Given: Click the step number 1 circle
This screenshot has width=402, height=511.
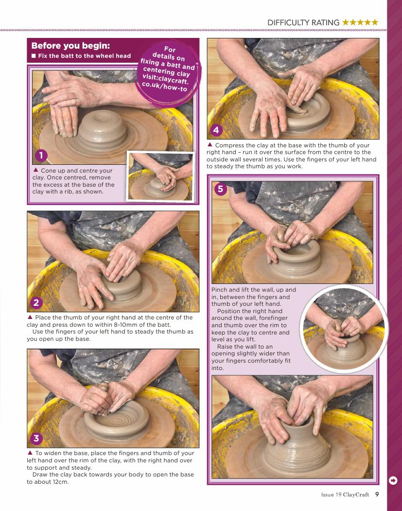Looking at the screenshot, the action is tap(41, 156).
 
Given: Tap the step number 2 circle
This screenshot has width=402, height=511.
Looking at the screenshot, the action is tap(36, 302).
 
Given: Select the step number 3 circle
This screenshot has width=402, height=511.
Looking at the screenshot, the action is tap(36, 438).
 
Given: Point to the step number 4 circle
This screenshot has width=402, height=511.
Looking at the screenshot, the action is tap(216, 130).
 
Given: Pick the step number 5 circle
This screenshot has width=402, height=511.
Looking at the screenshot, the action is tap(221, 189).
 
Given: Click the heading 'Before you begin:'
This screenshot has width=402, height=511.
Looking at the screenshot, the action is tap(70, 46).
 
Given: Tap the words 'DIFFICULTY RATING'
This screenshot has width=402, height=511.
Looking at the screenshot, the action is tap(303, 22).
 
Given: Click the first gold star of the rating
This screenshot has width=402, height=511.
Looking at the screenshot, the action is tap(346, 22).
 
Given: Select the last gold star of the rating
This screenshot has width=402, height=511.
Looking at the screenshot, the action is tap(375, 22).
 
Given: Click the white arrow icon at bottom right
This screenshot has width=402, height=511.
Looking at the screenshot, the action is tap(393, 480).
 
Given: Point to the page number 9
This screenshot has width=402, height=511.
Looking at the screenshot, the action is tap(377, 494).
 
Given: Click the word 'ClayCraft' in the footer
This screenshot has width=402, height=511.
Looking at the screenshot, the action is tap(356, 494).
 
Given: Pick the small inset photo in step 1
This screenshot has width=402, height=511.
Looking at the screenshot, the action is tap(160, 176).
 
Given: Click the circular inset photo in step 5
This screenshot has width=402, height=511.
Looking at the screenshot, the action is tap(344, 329).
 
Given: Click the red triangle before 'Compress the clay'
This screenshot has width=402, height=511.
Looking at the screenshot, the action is tap(210, 144).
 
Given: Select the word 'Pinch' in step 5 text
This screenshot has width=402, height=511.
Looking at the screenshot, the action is tap(219, 290).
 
